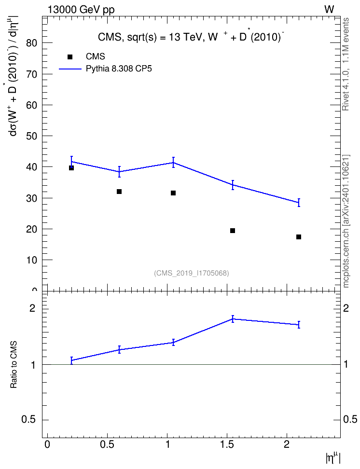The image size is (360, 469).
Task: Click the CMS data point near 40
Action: (x=71, y=168)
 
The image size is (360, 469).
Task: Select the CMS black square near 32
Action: (x=119, y=192)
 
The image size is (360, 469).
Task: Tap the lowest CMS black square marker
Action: (x=299, y=237)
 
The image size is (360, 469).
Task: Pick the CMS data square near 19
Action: (x=233, y=231)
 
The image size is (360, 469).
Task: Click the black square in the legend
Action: (x=70, y=57)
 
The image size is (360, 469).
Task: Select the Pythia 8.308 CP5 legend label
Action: (x=119, y=69)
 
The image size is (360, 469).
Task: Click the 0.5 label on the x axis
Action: (x=107, y=444)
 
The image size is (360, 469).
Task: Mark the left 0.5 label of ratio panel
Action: (x=29, y=420)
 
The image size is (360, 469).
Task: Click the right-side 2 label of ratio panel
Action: (x=346, y=308)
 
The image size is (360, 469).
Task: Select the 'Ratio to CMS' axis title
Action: (x=14, y=365)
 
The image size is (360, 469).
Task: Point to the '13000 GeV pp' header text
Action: (x=81, y=10)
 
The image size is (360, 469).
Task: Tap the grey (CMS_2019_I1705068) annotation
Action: (x=192, y=273)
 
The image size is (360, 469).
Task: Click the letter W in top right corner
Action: (x=329, y=10)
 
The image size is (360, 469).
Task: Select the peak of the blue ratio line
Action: (x=233, y=319)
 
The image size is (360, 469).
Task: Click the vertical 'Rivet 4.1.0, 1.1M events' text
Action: (x=346, y=64)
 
